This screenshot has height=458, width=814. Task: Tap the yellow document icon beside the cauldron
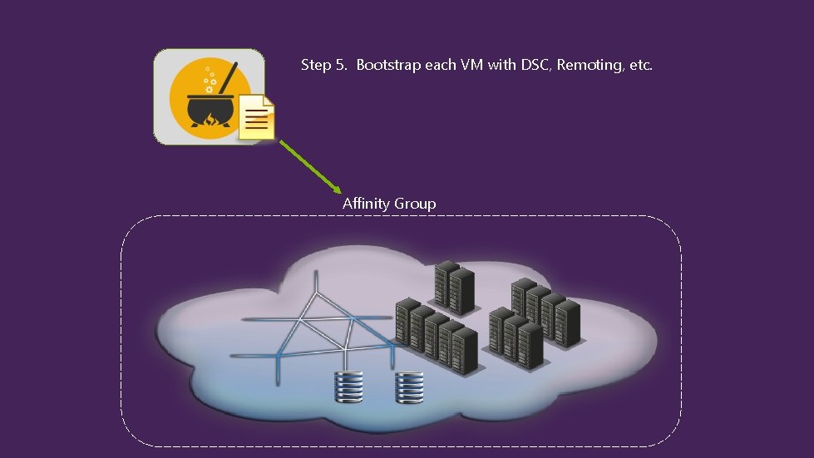257,116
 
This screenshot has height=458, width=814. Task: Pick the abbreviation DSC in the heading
536,65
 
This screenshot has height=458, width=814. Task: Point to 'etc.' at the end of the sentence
640,65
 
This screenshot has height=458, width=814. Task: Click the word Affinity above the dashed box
367,204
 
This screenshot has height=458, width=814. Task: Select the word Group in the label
415,204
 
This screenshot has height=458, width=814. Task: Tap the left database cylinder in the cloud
349,386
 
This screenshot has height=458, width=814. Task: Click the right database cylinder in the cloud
410,386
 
